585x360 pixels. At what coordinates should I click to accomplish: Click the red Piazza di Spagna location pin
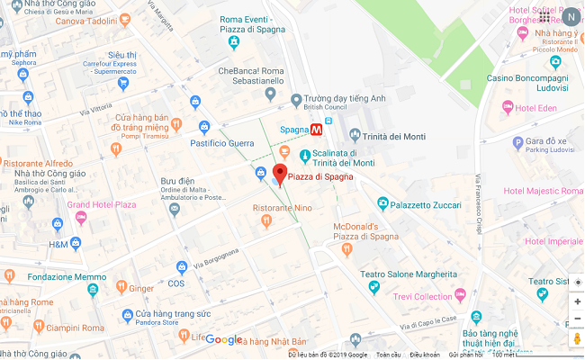click(x=279, y=174)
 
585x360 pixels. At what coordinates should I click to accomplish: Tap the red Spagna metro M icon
click(x=316, y=130)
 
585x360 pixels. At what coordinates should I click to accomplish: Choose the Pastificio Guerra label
click(x=222, y=143)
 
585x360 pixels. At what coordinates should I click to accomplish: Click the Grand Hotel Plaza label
click(x=101, y=205)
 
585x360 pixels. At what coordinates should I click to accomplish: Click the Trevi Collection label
click(x=422, y=297)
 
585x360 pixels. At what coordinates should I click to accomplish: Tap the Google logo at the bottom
click(x=224, y=339)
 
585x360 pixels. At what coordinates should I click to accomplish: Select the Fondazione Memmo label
click(x=67, y=277)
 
